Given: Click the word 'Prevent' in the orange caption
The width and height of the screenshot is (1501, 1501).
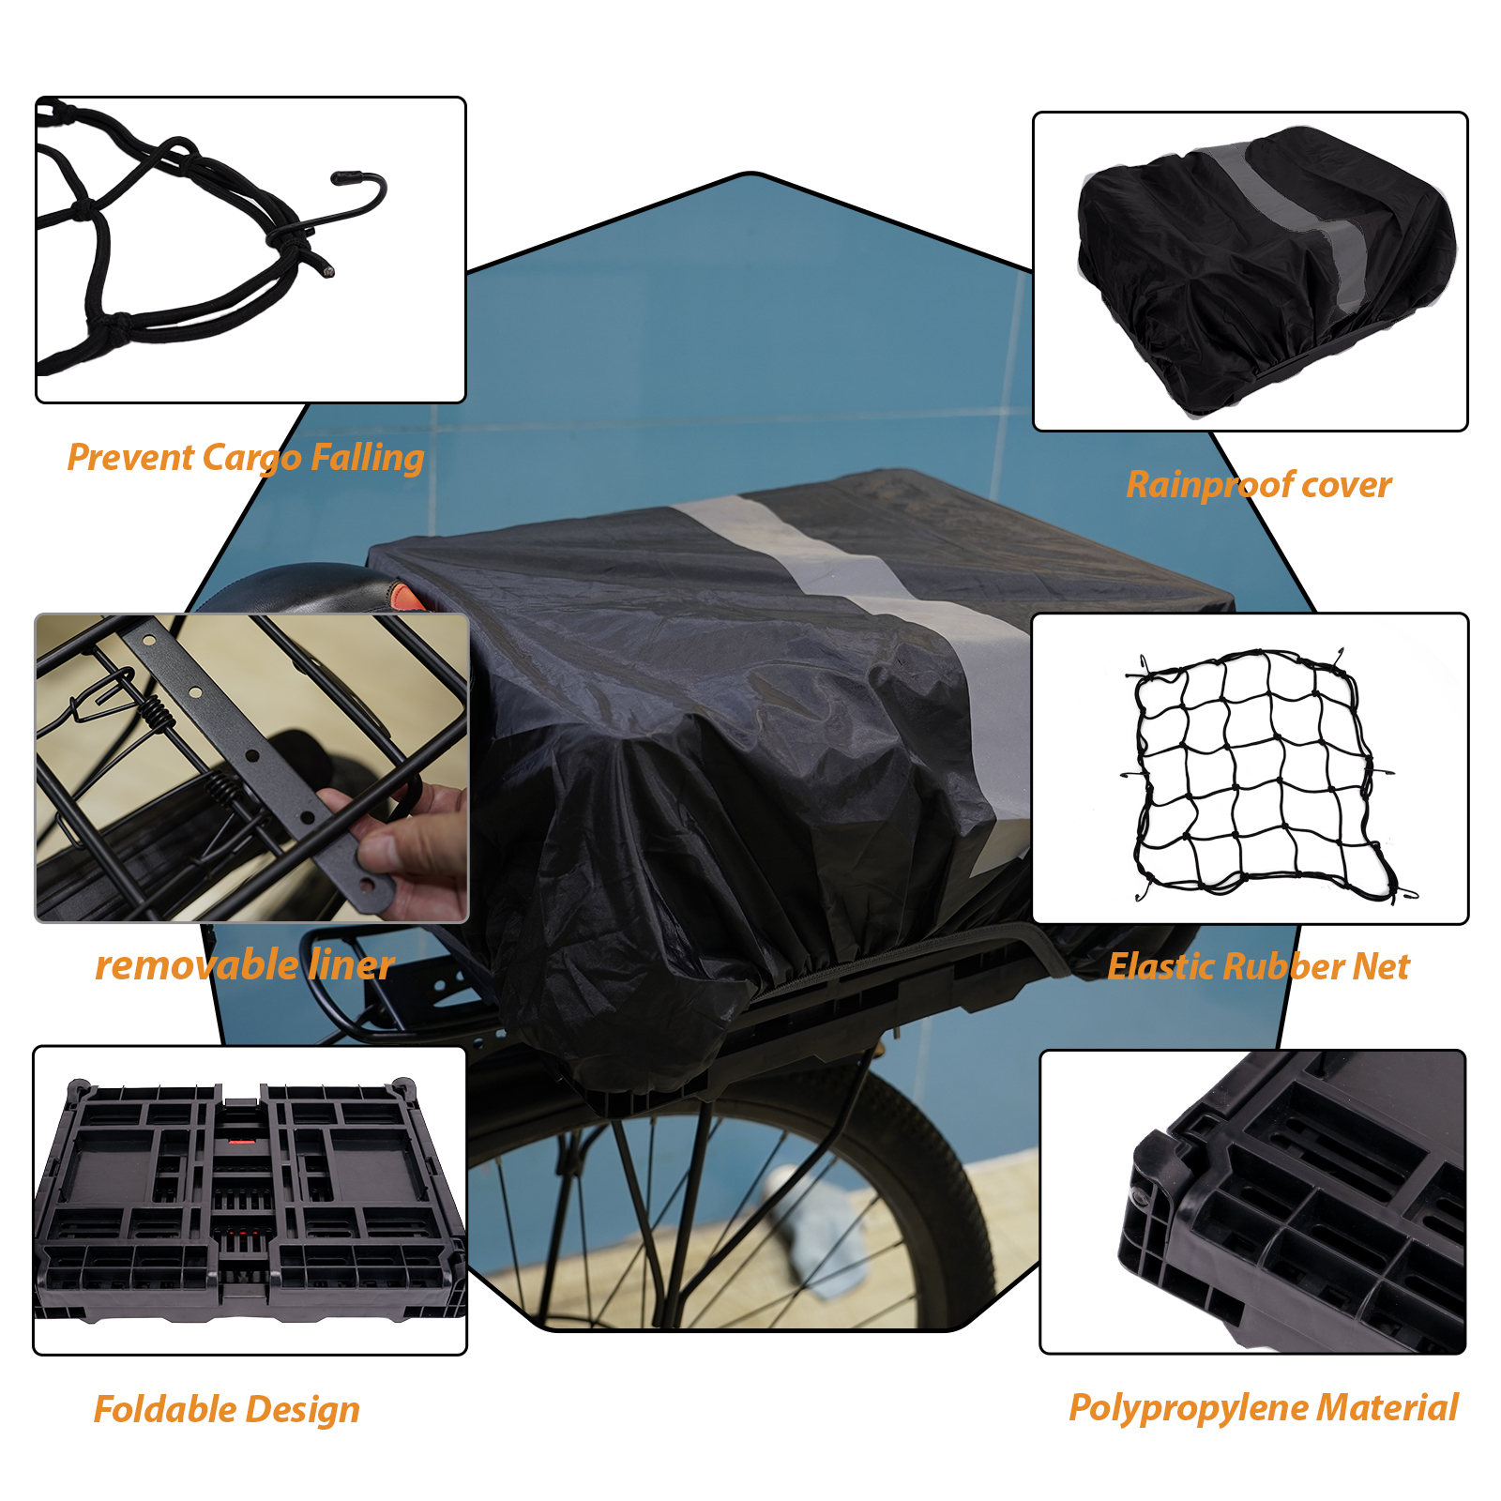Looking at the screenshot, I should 130,459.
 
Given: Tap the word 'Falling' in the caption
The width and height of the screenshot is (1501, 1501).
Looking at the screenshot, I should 367,459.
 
